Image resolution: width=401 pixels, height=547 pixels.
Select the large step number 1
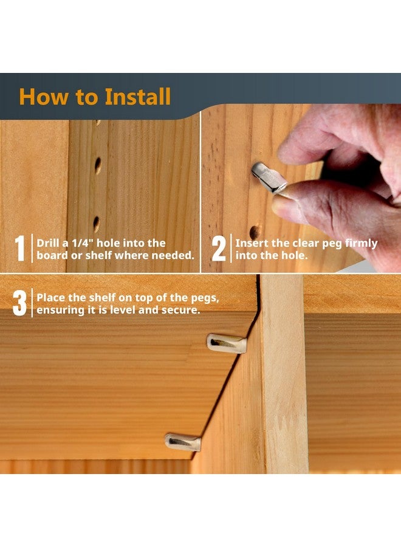pos(20,249)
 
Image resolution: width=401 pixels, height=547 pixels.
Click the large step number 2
pos(219,249)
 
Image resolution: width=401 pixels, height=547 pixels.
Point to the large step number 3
pos(19,303)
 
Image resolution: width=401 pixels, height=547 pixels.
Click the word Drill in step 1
pos(47,243)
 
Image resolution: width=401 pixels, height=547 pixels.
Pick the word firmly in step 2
pos(361,244)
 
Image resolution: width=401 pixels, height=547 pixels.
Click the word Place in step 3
pos(50,298)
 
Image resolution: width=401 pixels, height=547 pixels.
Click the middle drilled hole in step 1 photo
pos(98,166)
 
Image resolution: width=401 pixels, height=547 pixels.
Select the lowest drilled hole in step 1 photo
pos(96,224)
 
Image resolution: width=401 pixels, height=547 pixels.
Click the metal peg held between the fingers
pos(269,177)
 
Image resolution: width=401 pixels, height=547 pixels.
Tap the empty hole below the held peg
pos(255,232)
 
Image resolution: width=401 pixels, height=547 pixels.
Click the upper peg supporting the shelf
pos(227,343)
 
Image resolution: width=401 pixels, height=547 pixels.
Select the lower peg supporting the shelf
pos(182,442)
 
